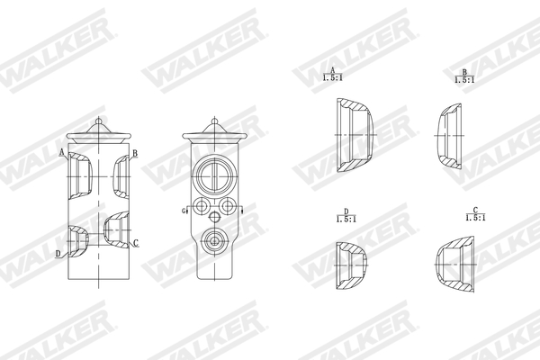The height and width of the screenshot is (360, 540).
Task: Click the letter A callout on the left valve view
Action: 62,153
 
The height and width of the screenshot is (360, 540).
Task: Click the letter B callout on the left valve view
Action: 134,154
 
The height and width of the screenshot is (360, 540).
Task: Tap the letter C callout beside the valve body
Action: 135,243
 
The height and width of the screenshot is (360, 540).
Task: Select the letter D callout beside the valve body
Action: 58,254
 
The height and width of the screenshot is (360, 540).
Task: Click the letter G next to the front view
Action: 184,211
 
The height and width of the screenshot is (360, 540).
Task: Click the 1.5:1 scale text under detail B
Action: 464,80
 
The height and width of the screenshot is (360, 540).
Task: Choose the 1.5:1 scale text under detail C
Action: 474,218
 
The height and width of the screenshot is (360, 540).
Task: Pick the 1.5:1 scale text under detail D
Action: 344,219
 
